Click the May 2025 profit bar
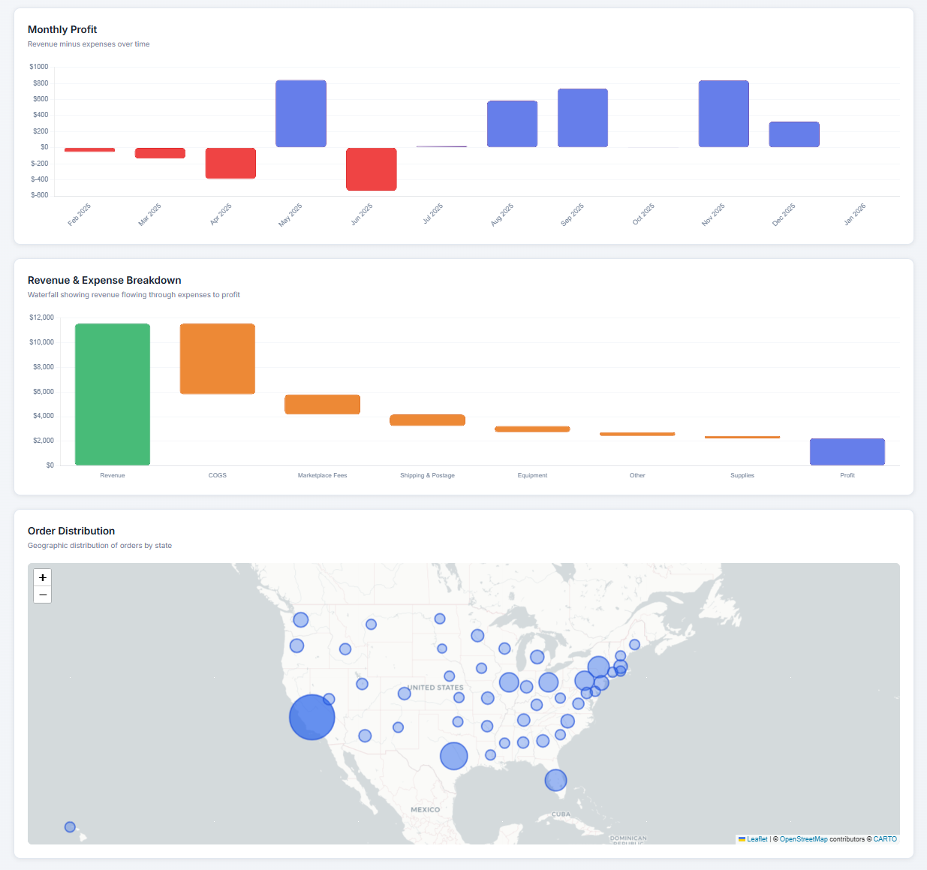pyautogui.click(x=300, y=113)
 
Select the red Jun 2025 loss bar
pyautogui.click(x=371, y=169)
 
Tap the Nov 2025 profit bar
pyautogui.click(x=724, y=113)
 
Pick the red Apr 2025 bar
pyautogui.click(x=230, y=163)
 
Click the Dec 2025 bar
pyautogui.click(x=794, y=134)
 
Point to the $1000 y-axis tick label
pyautogui.click(x=39, y=67)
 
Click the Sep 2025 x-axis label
pyautogui.click(x=572, y=215)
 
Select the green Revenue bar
pyautogui.click(x=113, y=394)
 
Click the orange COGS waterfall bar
pyautogui.click(x=217, y=359)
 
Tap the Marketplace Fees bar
pyautogui.click(x=322, y=405)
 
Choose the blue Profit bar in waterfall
pyautogui.click(x=847, y=452)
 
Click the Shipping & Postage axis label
pyautogui.click(x=427, y=475)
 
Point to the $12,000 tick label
pyautogui.click(x=41, y=318)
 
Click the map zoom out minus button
pyautogui.click(x=43, y=595)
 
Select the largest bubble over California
pyautogui.click(x=312, y=718)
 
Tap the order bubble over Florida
pyautogui.click(x=555, y=780)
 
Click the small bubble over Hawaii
pyautogui.click(x=70, y=826)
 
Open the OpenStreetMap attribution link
pyautogui.click(x=803, y=839)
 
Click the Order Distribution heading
pyautogui.click(x=71, y=531)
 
